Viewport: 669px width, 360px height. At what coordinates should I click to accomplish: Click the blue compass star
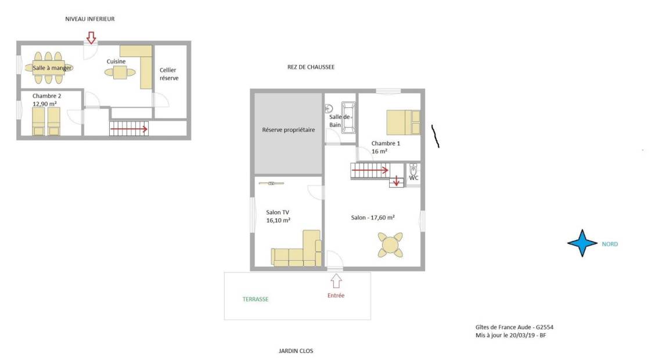click(582, 243)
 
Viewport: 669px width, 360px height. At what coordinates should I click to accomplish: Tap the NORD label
click(610, 244)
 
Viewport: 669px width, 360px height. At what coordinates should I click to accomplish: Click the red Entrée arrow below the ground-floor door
click(336, 280)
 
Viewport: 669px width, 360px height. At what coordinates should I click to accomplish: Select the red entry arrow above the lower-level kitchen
click(91, 38)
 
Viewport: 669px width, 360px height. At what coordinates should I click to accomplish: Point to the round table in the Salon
click(390, 245)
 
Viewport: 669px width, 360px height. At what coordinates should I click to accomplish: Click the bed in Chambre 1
click(403, 123)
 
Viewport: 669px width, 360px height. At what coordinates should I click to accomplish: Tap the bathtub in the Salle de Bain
click(348, 117)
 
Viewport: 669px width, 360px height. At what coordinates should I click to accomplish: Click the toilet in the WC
click(413, 169)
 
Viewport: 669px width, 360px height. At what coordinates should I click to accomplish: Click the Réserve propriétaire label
click(289, 129)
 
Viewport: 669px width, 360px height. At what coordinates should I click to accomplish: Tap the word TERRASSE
click(256, 300)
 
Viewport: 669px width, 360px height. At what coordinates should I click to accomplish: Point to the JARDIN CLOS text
click(296, 351)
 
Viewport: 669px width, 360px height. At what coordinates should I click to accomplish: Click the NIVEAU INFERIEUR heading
click(89, 19)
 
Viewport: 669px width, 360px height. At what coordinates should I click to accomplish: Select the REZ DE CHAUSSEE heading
click(311, 67)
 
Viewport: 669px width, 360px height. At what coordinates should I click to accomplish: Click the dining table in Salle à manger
click(49, 68)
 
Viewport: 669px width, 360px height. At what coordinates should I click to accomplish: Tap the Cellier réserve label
click(169, 74)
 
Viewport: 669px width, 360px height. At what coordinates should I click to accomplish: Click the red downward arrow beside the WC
click(397, 181)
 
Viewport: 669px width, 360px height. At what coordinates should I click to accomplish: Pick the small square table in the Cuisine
click(120, 73)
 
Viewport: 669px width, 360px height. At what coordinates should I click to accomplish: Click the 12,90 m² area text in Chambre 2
click(45, 104)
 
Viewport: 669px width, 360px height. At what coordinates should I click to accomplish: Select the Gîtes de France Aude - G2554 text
click(515, 327)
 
